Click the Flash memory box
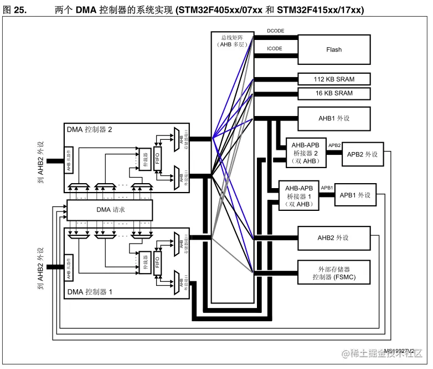pos(333,49)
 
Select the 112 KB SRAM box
pos(333,79)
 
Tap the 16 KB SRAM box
pos(333,93)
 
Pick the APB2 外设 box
pos(362,154)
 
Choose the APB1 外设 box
pos(354,195)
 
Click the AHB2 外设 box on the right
pos(333,237)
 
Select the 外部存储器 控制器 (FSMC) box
pos(333,272)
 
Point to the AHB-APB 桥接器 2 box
pos(305,153)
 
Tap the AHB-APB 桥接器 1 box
pos(298,196)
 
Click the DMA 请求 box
pos(110,210)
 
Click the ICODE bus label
pos(275,49)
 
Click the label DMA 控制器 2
pos(90,130)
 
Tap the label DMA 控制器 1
pos(90,291)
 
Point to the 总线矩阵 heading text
pos(232,37)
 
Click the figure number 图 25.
pos(17,11)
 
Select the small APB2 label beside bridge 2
pos(334,145)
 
